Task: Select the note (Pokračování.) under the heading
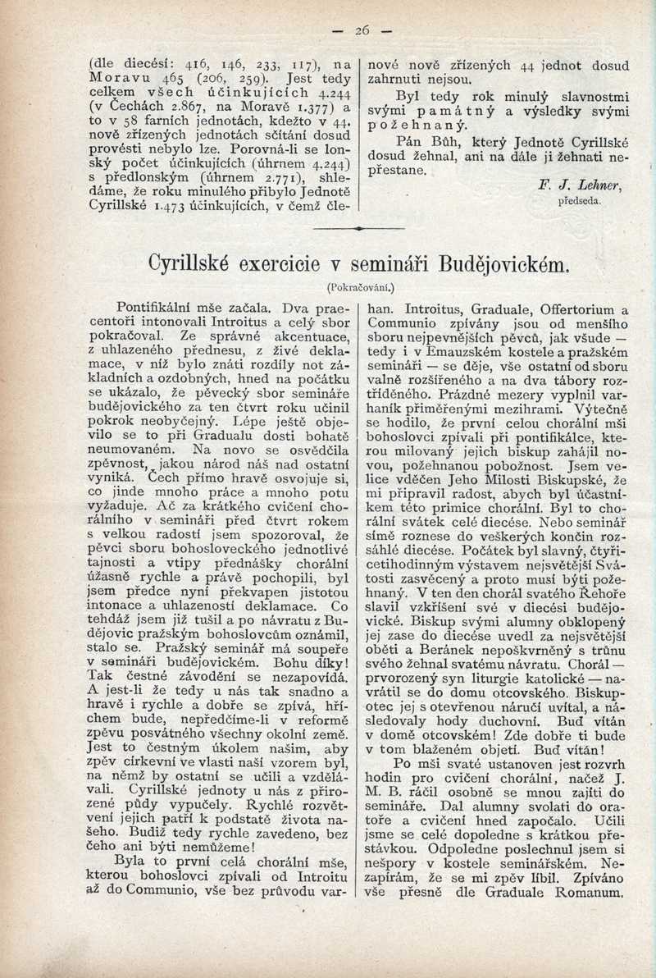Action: click(360, 287)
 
